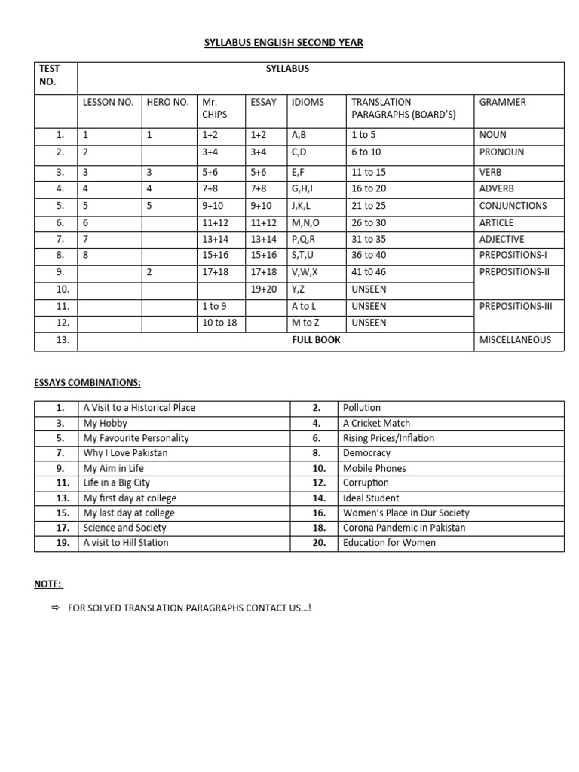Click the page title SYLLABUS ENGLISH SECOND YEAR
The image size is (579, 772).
(x=283, y=43)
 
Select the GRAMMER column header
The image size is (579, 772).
(x=503, y=102)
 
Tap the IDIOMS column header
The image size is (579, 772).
(x=308, y=102)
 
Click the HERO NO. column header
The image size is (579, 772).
(x=167, y=102)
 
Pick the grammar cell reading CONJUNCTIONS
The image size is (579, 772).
(x=513, y=206)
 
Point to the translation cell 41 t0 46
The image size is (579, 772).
(x=368, y=273)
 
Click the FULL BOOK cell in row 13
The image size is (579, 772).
(x=316, y=340)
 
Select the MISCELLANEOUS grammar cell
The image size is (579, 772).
(x=515, y=340)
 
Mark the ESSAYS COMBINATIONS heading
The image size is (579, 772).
(x=87, y=382)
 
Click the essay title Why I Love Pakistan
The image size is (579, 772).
(x=126, y=453)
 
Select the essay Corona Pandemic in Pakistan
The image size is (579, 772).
(x=404, y=528)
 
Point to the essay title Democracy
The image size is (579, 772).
(x=366, y=453)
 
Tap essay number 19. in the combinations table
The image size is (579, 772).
(x=62, y=543)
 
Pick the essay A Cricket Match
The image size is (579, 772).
(x=376, y=423)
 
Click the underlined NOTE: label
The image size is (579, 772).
(x=49, y=584)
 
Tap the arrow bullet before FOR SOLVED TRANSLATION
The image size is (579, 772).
(x=54, y=608)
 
